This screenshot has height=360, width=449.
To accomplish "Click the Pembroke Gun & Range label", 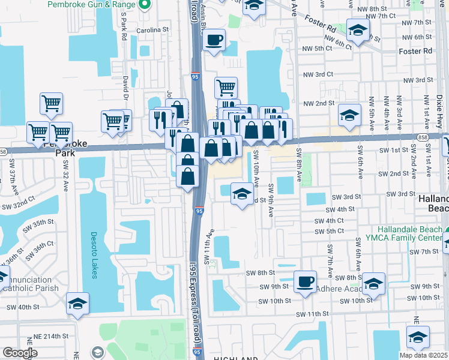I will [x=89, y=4].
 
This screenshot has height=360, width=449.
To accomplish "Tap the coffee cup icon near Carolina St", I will [x=214, y=41].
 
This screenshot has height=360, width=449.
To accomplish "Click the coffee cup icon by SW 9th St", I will [x=305, y=281].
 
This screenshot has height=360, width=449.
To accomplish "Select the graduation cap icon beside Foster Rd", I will [x=358, y=31].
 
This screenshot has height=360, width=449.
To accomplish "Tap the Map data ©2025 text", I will [x=424, y=355].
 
